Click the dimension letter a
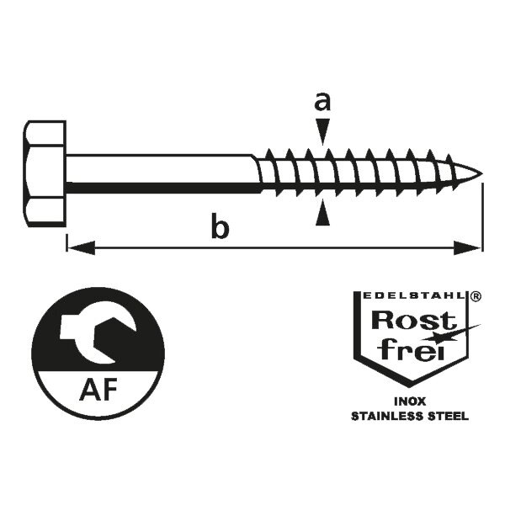pos(322,103)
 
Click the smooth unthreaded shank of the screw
pos(160,173)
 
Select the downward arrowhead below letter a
pos(322,131)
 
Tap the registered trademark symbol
pos(476,296)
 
